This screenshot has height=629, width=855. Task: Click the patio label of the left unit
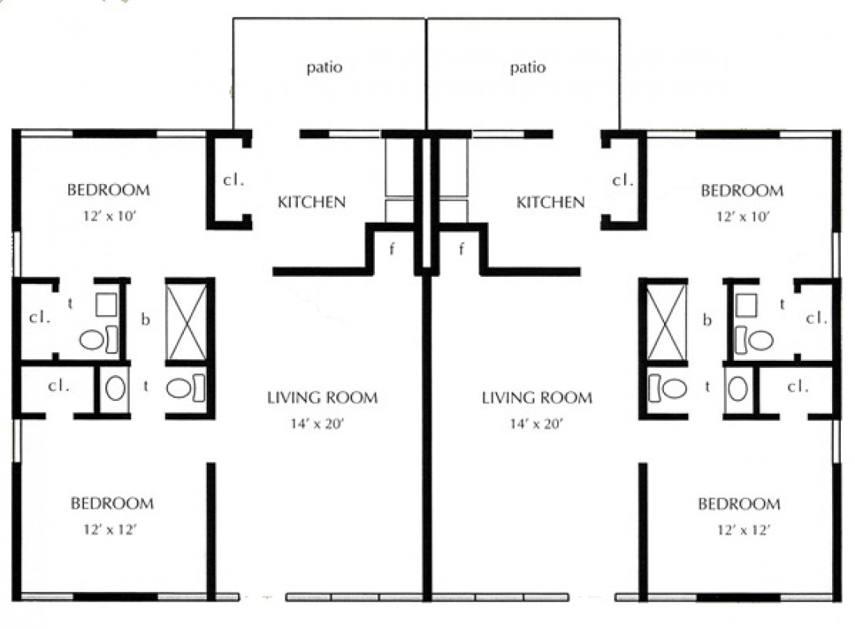(325, 68)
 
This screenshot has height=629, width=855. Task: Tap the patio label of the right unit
(528, 68)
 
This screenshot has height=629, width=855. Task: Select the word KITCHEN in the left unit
(311, 202)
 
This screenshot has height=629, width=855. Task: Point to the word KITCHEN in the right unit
(550, 202)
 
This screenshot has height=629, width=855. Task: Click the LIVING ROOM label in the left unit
(322, 398)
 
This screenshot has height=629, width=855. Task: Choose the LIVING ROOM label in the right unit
(537, 398)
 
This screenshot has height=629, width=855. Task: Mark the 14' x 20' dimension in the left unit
(317, 424)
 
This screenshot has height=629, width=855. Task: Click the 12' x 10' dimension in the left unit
(109, 216)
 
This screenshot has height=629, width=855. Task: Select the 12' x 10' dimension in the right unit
(743, 216)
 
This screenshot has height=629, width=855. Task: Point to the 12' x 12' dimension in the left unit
(110, 529)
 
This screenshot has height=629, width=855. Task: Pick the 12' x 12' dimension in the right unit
(743, 530)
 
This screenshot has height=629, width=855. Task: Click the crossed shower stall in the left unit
(186, 322)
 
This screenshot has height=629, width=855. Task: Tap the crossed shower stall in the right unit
(666, 322)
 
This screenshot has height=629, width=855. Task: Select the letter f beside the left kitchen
(391, 250)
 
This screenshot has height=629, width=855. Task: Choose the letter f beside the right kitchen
(461, 250)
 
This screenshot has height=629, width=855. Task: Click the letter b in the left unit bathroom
(145, 318)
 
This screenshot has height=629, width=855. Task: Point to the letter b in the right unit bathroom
(707, 319)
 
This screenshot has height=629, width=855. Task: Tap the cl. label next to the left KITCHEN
(233, 180)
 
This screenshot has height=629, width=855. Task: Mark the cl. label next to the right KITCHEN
(622, 180)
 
